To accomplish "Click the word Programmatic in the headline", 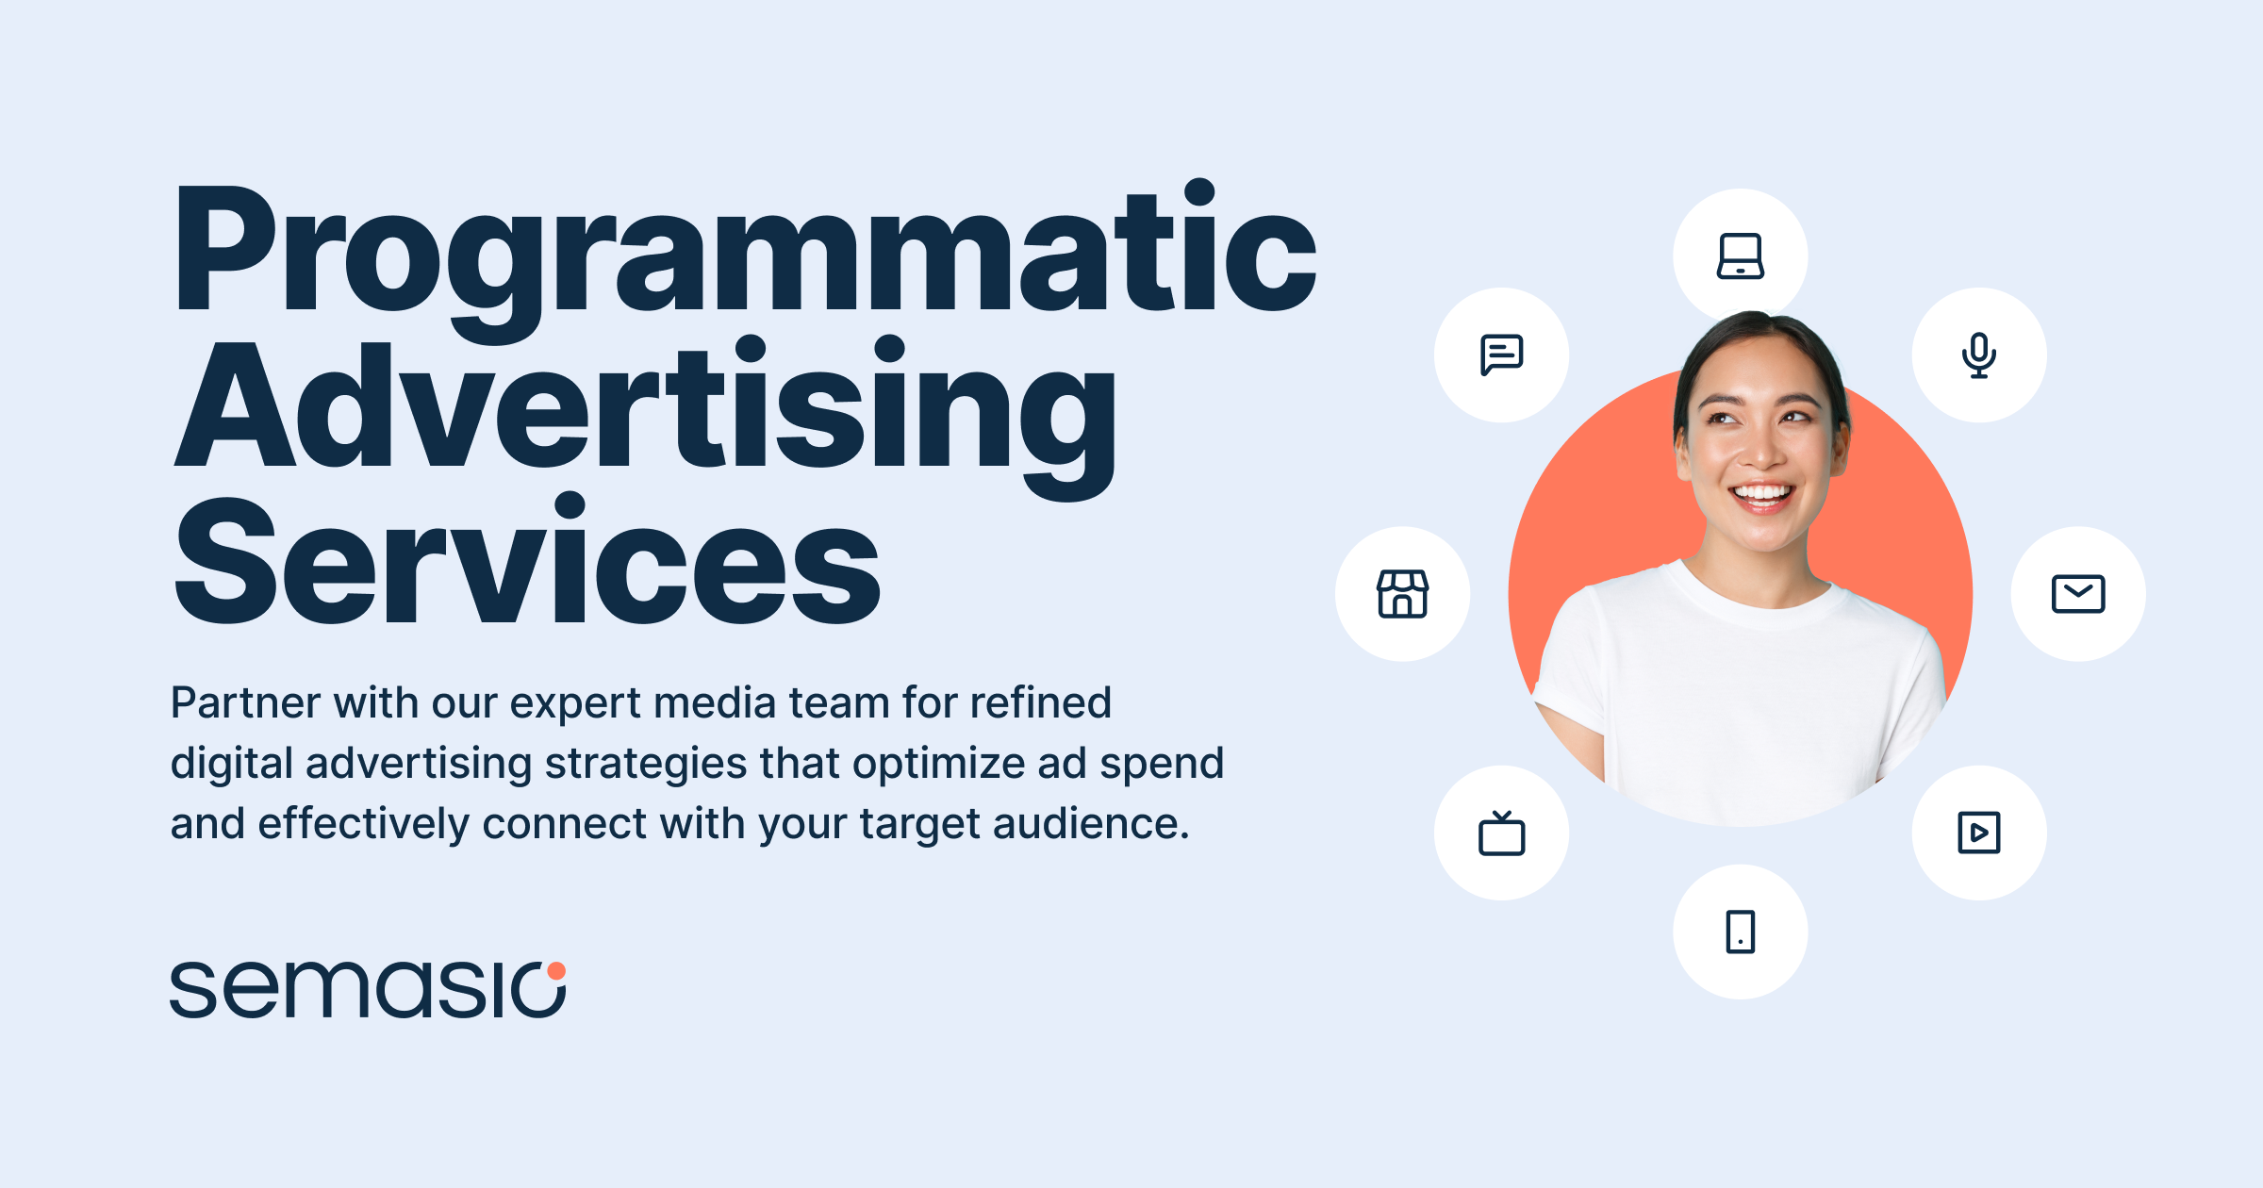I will coord(745,250).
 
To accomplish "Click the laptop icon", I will coord(1740,256).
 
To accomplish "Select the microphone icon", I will coord(1978,355).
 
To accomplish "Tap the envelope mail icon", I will coord(2077,594).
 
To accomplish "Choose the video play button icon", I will coord(1978,833).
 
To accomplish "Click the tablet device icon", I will coord(1740,932).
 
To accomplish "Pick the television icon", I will coord(1501,833).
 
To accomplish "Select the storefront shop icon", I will coord(1402,594).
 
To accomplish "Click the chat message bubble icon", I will coord(1501,355).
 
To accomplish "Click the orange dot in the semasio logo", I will coord(556,971).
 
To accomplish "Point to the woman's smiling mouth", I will coord(1761,495).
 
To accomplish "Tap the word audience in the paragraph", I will coord(1089,824).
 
